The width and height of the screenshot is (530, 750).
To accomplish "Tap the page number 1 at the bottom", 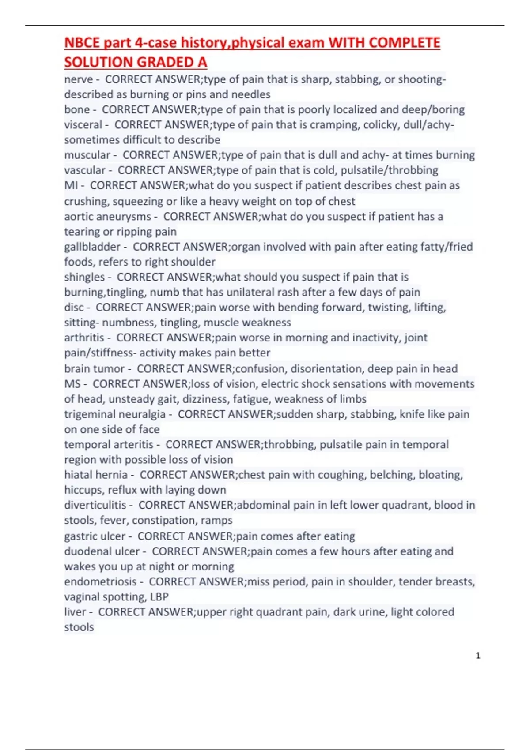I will [478, 656].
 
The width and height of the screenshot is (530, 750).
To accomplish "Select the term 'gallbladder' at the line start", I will [92, 247].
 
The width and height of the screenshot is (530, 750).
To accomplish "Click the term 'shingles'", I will [84, 277].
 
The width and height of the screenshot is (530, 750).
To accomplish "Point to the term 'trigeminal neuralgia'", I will [115, 414].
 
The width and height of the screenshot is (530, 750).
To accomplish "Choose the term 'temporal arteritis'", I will [109, 444].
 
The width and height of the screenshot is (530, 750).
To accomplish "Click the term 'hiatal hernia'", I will [96, 475].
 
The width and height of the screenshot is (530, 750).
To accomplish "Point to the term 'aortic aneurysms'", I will [107, 217].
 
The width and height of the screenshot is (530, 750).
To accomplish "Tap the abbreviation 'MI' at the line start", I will [71, 185].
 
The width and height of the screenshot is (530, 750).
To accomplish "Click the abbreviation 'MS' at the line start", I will [72, 384].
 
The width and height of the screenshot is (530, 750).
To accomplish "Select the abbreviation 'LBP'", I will [159, 597].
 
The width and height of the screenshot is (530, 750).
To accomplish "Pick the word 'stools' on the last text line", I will [79, 627].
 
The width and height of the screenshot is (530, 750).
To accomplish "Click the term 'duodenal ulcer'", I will [102, 551].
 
